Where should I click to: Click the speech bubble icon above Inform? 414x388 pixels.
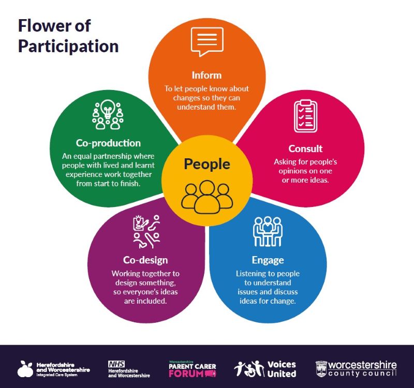click(207, 41)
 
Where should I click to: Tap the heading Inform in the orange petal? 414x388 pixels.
click(207, 74)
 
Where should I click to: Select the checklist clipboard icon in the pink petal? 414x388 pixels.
click(305, 116)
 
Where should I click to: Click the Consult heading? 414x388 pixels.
click(305, 148)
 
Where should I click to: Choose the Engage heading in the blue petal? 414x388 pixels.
click(268, 260)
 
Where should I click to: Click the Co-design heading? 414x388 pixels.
click(145, 260)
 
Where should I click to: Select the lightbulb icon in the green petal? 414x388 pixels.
click(108, 114)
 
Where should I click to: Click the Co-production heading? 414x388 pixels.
click(108, 143)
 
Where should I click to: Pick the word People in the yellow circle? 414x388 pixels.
click(207, 164)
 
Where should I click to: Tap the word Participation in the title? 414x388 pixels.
click(68, 46)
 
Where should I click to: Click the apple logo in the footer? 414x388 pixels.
click(25, 369)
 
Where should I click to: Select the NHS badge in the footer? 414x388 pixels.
click(116, 364)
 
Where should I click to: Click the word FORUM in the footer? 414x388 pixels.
click(185, 374)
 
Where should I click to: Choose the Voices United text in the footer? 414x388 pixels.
click(282, 369)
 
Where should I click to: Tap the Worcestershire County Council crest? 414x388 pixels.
click(321, 368)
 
